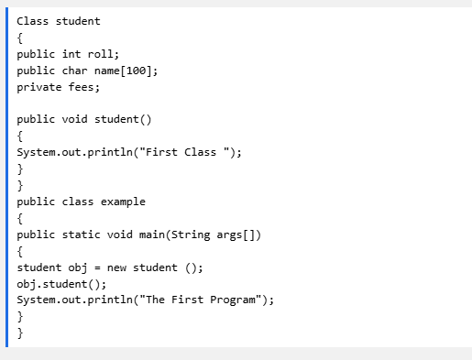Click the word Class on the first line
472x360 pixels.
[x=32, y=21]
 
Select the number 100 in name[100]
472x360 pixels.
[x=136, y=71]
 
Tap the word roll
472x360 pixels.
[x=101, y=54]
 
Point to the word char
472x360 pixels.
[x=74, y=71]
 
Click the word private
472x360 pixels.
[x=39, y=88]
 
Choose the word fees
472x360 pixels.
[x=81, y=87]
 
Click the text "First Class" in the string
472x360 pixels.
[x=181, y=152]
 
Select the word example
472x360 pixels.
[x=123, y=202]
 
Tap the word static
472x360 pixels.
[x=81, y=235]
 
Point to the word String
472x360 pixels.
[x=191, y=235]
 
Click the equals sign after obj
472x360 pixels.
[x=97, y=267]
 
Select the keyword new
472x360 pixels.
[x=116, y=267]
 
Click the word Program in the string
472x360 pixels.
[x=233, y=300]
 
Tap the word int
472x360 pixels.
[x=71, y=54]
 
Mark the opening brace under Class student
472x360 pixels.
[x=20, y=38]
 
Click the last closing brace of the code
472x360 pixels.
[x=20, y=333]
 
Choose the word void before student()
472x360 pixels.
[x=74, y=119]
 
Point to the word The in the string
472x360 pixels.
[x=155, y=300]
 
